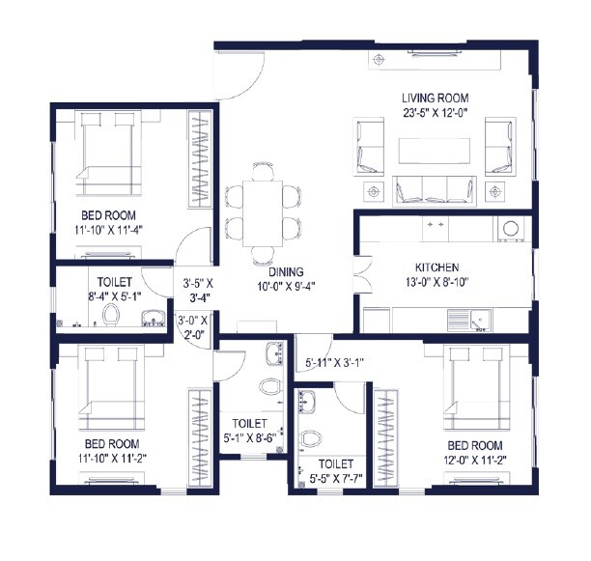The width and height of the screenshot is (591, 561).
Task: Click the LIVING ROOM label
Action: (436, 98)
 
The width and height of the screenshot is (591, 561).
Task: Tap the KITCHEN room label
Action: (436, 267)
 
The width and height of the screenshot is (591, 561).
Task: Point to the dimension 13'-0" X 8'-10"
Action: (436, 282)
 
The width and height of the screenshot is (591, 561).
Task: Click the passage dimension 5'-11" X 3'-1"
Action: (334, 363)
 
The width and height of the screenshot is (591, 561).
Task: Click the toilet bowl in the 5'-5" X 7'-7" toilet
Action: (311, 439)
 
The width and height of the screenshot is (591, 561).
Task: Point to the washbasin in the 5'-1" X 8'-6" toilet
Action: (273, 352)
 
